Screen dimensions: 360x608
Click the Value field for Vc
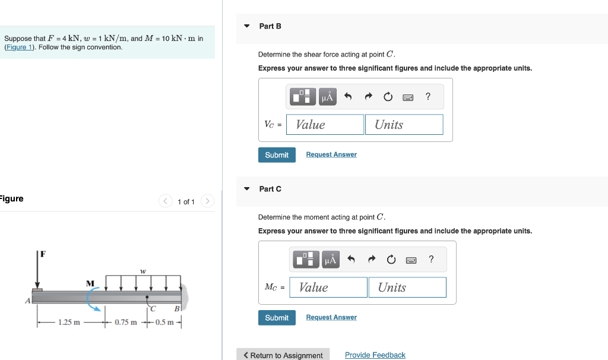325,125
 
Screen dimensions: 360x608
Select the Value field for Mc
328,288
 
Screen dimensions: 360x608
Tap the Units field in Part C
407,288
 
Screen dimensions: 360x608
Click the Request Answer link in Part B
331,154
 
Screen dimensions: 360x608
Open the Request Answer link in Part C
331,317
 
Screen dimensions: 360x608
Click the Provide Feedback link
375,355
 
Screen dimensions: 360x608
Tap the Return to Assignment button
283,355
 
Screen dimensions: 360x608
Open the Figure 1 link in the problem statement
20,47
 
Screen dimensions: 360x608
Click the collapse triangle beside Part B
247,26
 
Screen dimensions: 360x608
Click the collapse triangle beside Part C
247,189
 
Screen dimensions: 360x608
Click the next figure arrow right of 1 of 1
207,201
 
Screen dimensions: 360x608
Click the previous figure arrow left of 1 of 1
166,201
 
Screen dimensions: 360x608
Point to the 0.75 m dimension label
125,323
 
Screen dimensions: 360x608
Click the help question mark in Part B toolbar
428,97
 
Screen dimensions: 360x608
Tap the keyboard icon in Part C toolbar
411,260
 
